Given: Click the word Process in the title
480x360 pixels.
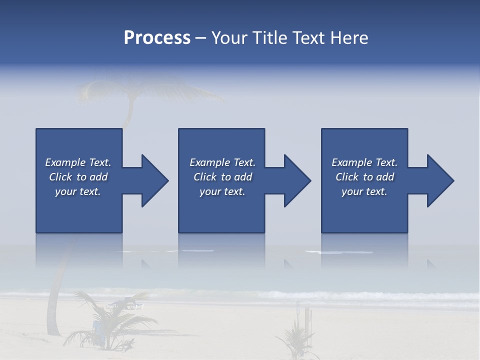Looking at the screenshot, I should (x=157, y=38).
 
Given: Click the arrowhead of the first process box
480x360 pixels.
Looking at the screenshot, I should (x=153, y=180).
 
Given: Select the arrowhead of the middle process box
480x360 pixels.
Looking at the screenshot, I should (x=295, y=180).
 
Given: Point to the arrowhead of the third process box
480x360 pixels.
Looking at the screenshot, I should (x=438, y=180).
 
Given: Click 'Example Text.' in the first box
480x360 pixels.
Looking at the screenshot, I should (x=78, y=162).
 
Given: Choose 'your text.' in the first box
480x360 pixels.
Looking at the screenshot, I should (x=78, y=191).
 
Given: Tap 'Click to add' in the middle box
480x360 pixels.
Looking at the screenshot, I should (x=222, y=177).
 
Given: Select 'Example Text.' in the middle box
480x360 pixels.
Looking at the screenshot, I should (x=222, y=162).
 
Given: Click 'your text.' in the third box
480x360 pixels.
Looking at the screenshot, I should (x=364, y=191).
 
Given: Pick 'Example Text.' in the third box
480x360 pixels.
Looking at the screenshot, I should (x=364, y=162).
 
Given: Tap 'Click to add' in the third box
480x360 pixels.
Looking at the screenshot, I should (x=364, y=177).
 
